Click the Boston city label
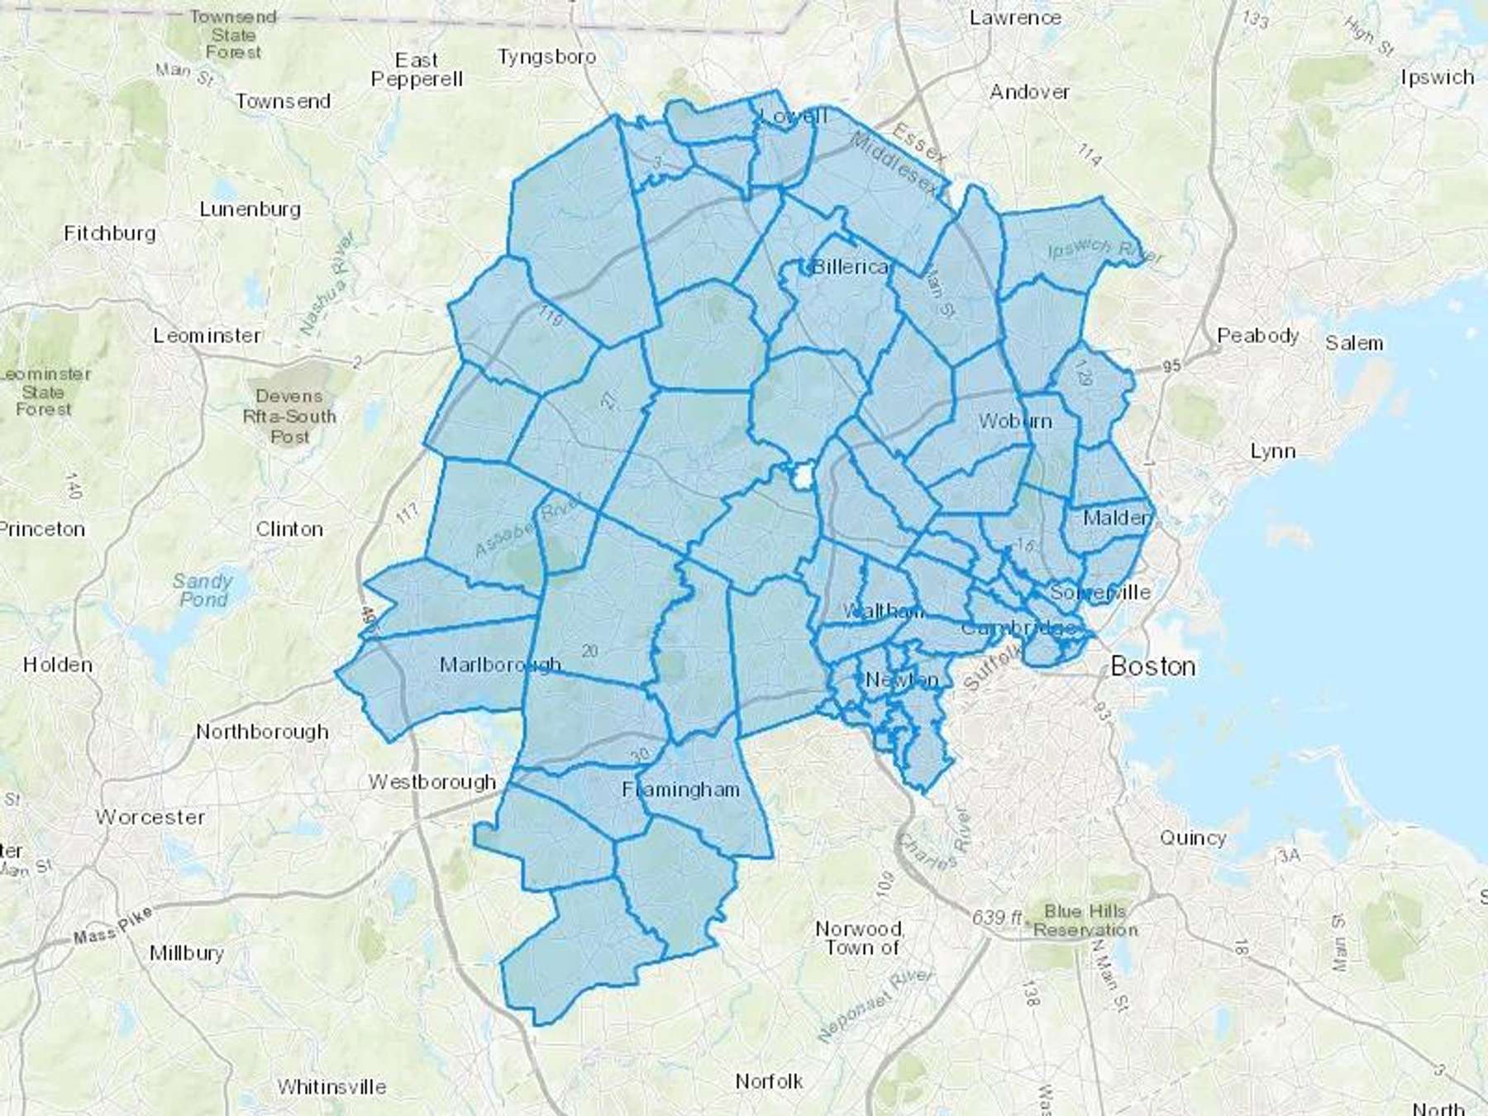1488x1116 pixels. point(1152,666)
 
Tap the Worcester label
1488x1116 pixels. point(150,818)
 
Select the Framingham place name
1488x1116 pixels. point(680,790)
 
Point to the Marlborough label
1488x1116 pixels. point(499,665)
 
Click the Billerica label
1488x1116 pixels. point(851,267)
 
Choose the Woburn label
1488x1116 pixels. point(1014,421)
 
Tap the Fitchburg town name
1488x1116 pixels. point(110,234)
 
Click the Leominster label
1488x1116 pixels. point(207,336)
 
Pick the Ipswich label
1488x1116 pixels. point(1437,78)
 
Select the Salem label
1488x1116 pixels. point(1353,343)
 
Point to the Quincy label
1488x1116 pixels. point(1192,838)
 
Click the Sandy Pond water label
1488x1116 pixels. point(203,589)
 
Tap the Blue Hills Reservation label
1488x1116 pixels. point(1085,921)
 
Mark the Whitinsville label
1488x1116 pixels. point(331,1086)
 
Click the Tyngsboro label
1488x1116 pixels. point(546,57)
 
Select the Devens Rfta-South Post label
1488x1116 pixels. point(289,416)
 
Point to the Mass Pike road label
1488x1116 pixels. point(112,926)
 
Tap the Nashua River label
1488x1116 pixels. point(328,283)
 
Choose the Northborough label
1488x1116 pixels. point(262,732)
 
